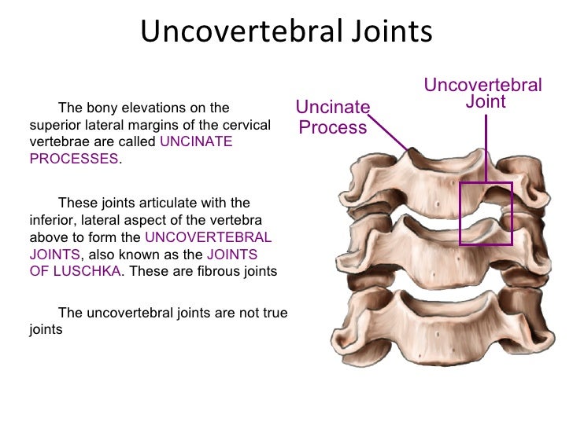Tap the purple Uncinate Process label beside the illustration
tap(332, 117)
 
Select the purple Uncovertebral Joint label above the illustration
tap(483, 93)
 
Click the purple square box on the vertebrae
tap(486, 214)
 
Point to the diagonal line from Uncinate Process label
tap(387, 130)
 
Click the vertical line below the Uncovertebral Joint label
tap(485, 146)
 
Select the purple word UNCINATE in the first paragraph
tap(196, 141)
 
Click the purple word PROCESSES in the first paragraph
tap(73, 158)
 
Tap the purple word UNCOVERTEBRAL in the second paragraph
tap(209, 236)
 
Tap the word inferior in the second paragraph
tap(53, 219)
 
